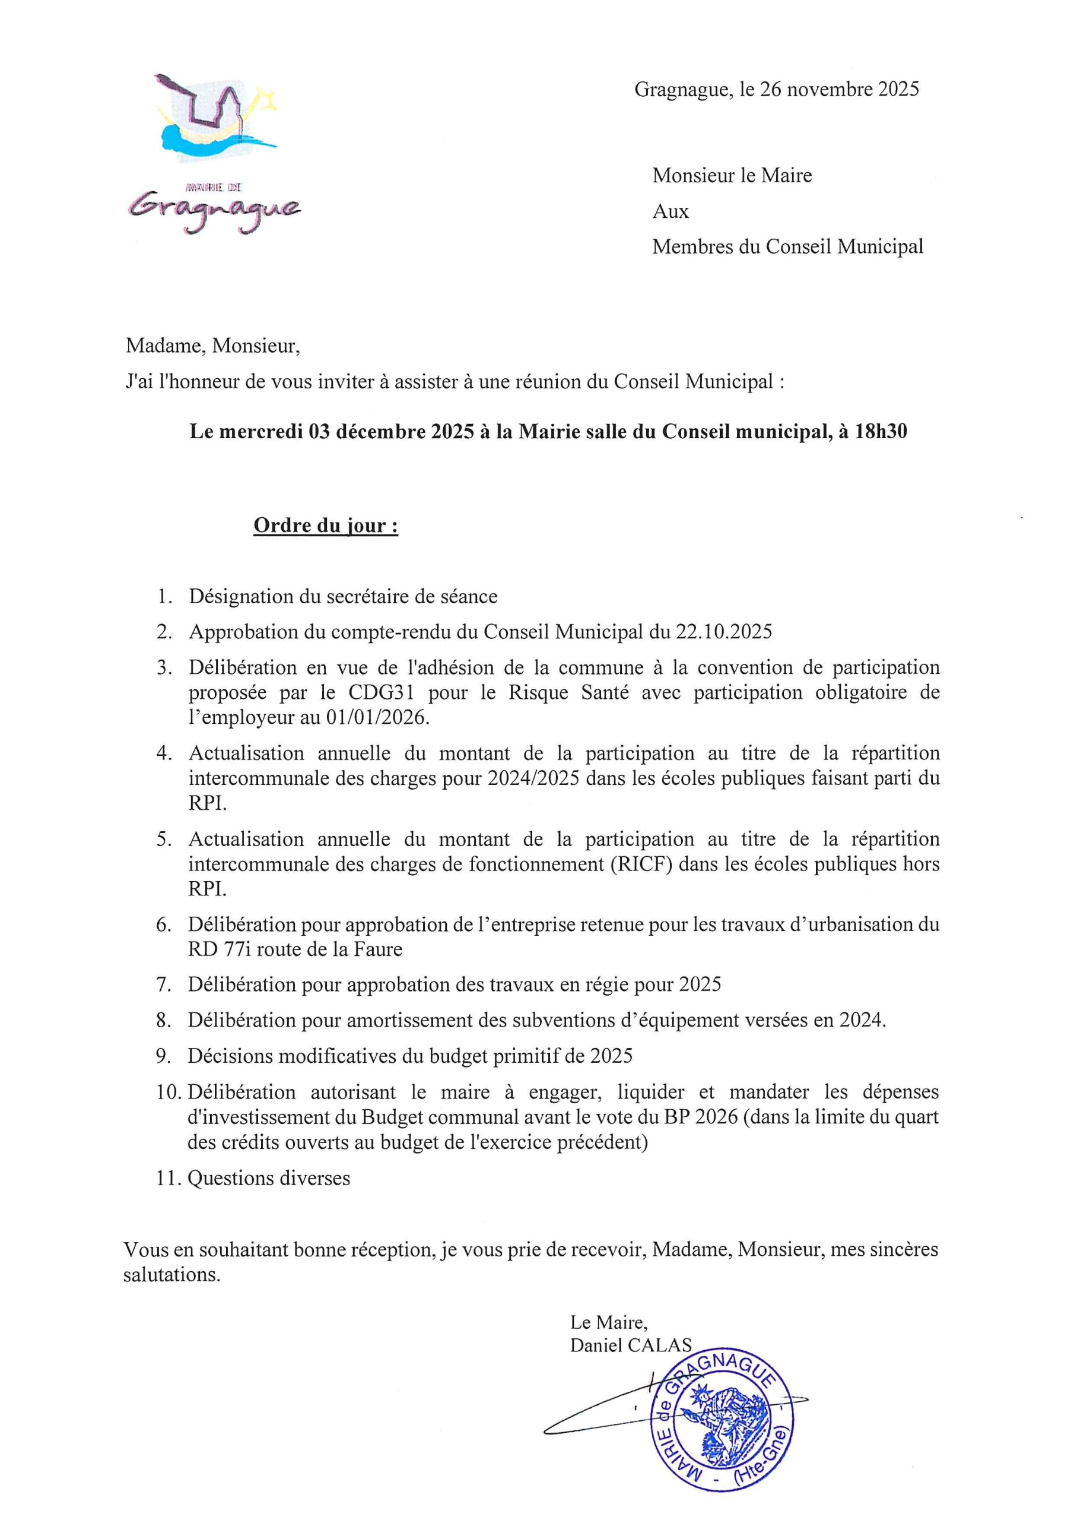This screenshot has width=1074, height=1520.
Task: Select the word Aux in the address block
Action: (671, 211)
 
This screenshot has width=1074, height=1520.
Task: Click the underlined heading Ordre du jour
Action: (326, 525)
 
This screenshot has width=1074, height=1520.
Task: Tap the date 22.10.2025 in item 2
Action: (723, 632)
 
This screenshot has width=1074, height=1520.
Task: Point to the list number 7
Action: (163, 985)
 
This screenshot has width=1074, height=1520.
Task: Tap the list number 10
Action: (169, 1092)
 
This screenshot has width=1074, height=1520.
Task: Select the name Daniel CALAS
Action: (630, 1345)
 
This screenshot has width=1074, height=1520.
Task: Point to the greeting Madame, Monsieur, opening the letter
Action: (212, 346)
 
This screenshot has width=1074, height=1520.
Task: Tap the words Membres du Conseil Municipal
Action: (787, 247)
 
